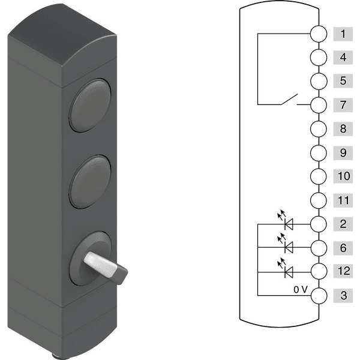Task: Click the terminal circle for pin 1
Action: [319, 34]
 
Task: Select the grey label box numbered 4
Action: [343, 58]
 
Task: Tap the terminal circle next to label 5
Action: [319, 81]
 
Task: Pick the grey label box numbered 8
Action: [343, 129]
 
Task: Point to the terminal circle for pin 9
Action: [319, 152]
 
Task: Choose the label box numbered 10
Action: [343, 176]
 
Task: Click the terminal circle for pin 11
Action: [319, 200]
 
